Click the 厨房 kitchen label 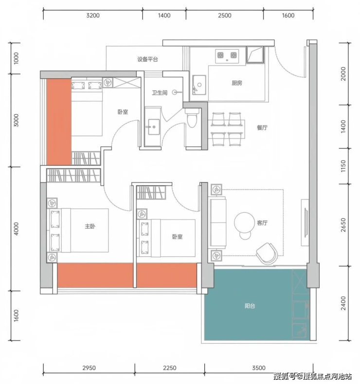(x=236, y=83)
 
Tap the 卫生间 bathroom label (x=160, y=92)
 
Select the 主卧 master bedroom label (x=90, y=226)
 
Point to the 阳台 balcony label (x=250, y=306)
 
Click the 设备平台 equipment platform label (x=147, y=59)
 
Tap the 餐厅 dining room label (x=262, y=128)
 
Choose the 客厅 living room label (x=262, y=222)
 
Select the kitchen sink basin (x=199, y=85)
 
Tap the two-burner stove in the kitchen (x=227, y=56)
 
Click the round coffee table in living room (x=245, y=222)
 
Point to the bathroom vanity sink (x=153, y=127)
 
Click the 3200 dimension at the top (x=93, y=16)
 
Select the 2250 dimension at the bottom (x=170, y=368)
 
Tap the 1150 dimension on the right (x=343, y=166)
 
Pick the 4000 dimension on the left (x=16, y=229)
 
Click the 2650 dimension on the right (x=343, y=225)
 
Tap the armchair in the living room (x=267, y=254)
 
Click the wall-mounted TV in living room (x=306, y=222)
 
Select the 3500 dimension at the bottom (x=259, y=368)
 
